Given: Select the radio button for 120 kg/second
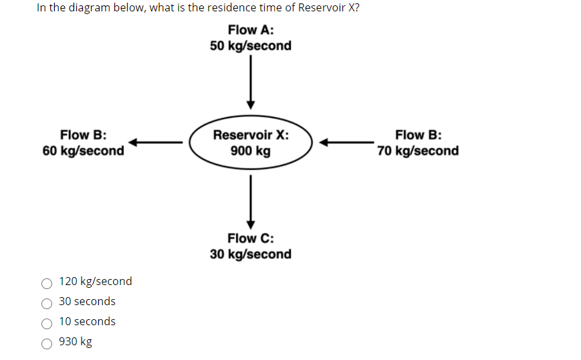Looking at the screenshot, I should pos(47,282).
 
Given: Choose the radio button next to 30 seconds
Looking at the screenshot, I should pos(47,302).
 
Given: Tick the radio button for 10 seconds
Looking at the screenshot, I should pos(47,323).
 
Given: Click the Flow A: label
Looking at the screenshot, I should pos(250,30).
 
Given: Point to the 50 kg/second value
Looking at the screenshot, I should pos(250,46).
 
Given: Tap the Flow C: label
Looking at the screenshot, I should pos(250,238).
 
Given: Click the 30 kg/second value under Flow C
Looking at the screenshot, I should pos(250,254).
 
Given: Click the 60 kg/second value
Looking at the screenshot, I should pos(83,151).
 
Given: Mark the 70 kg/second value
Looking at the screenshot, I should pos(418,151).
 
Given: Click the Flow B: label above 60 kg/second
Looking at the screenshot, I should pos(83,134).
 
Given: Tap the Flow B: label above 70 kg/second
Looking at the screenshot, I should pos(418,134).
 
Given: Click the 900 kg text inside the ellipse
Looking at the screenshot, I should pos(251,151).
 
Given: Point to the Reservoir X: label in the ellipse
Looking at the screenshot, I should pos(251,134).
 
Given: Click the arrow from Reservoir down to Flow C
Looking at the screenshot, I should pos(251,201).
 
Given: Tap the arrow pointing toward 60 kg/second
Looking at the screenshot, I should pos(155,142).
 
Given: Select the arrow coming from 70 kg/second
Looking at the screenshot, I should pos(346,142).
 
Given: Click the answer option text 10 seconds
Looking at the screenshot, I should pos(87,322).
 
